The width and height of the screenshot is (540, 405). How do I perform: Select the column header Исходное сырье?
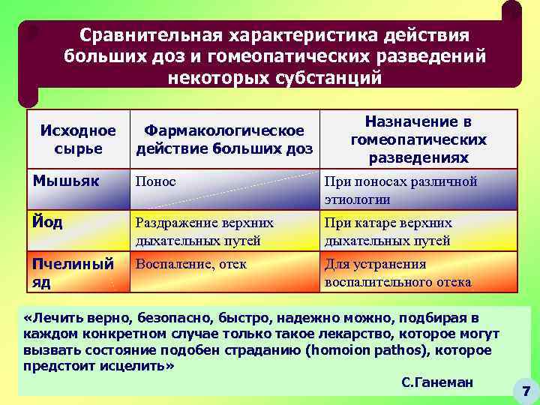coord(78,139)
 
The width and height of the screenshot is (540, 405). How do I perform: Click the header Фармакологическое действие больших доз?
coord(224,139)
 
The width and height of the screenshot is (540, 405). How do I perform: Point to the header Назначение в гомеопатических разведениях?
coord(418,139)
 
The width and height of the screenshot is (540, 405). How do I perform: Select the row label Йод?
coord(47,222)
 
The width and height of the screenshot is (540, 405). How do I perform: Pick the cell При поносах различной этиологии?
coord(400,190)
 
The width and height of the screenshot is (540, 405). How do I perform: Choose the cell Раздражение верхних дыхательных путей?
coord(204,232)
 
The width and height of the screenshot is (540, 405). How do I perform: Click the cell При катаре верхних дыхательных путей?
coord(388,232)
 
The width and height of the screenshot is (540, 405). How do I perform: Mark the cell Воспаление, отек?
coord(190,264)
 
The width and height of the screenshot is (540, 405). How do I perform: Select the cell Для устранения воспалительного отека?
coord(397,273)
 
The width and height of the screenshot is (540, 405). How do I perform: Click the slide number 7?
coord(526,391)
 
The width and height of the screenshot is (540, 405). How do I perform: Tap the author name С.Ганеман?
coord(437,382)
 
